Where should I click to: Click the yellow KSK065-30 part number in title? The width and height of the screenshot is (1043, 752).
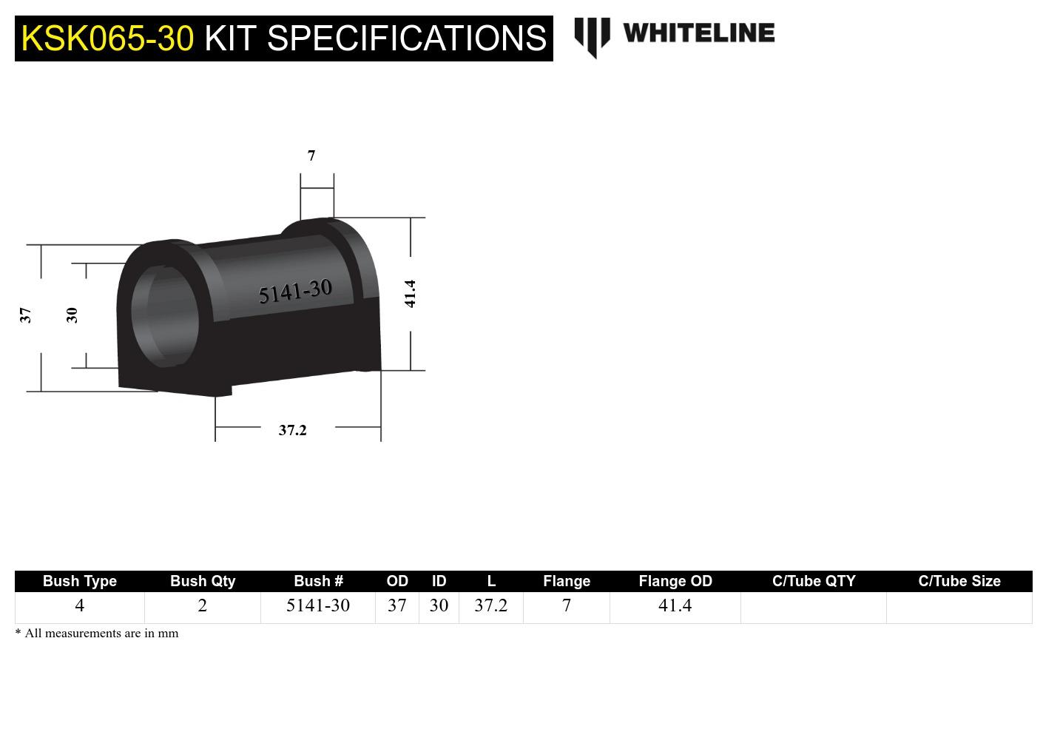click(107, 38)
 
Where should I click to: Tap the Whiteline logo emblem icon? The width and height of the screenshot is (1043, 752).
click(592, 36)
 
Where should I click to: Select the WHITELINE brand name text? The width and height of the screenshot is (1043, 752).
click(698, 33)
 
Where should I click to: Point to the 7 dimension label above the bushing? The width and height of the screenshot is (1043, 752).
click(311, 155)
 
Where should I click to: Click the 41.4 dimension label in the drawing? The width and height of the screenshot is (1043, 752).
click(410, 294)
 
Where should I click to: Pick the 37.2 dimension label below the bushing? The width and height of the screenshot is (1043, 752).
click(292, 430)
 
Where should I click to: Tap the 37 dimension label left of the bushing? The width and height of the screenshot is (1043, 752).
click(26, 315)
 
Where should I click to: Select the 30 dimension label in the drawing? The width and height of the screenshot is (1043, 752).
click(72, 315)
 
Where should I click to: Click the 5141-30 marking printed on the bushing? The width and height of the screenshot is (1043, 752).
click(295, 292)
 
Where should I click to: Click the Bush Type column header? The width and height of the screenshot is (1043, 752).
click(80, 581)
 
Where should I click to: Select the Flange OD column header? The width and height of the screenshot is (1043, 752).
click(675, 581)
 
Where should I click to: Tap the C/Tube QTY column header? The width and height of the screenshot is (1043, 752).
click(813, 581)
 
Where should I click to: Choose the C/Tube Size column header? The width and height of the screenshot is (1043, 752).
click(959, 581)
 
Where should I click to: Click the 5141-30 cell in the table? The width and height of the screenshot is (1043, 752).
click(317, 605)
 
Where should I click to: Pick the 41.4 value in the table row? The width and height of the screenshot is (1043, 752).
click(675, 605)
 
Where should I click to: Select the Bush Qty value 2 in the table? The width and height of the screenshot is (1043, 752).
click(202, 605)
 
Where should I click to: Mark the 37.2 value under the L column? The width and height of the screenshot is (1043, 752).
click(490, 605)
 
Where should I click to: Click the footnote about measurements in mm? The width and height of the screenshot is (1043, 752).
click(97, 634)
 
